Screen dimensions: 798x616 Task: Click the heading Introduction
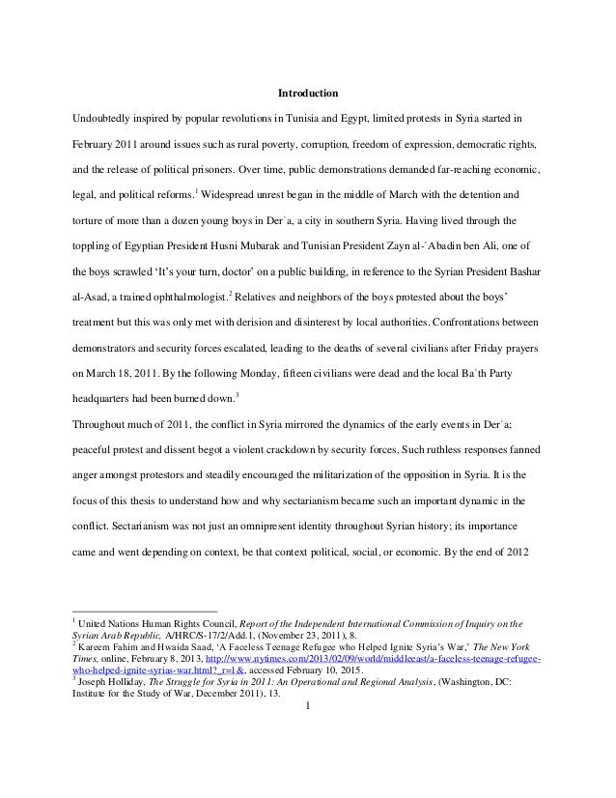[307, 94]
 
